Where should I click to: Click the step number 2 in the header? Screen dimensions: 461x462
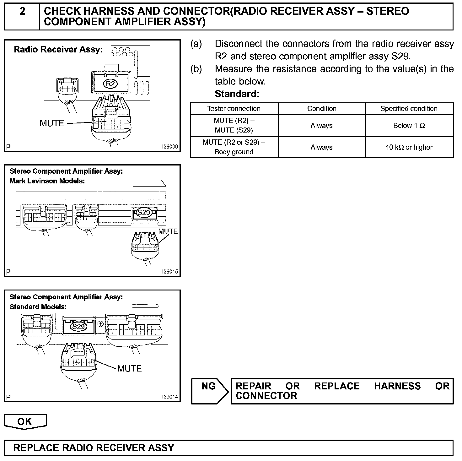(x=22, y=12)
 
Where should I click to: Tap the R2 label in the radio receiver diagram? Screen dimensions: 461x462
(x=110, y=84)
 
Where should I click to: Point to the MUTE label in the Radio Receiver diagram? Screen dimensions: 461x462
(x=52, y=123)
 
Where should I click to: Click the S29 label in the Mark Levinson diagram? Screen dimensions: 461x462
(x=144, y=213)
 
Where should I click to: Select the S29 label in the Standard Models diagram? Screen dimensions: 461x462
(x=78, y=327)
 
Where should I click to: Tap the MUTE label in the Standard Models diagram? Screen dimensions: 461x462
(x=129, y=368)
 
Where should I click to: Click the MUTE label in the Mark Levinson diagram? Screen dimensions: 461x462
(x=168, y=231)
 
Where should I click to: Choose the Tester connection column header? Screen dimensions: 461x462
(x=234, y=109)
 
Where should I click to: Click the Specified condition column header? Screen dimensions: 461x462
(x=409, y=109)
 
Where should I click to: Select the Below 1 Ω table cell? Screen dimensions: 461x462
(x=409, y=126)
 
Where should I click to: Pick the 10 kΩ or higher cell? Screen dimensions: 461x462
(x=409, y=147)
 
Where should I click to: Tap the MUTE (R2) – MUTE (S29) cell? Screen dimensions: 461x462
(x=234, y=125)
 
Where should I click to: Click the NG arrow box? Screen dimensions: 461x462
(x=209, y=391)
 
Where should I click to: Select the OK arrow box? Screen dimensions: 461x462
(x=25, y=421)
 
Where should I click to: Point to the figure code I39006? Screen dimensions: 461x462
(x=170, y=147)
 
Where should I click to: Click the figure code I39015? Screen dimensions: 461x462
(x=170, y=272)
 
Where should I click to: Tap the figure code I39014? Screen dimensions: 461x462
(x=170, y=397)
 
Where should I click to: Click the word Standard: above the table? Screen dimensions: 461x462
(x=237, y=94)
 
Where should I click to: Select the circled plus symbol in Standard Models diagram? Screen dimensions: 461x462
(x=100, y=324)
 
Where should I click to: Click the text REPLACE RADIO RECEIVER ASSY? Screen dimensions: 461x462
(x=94, y=447)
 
